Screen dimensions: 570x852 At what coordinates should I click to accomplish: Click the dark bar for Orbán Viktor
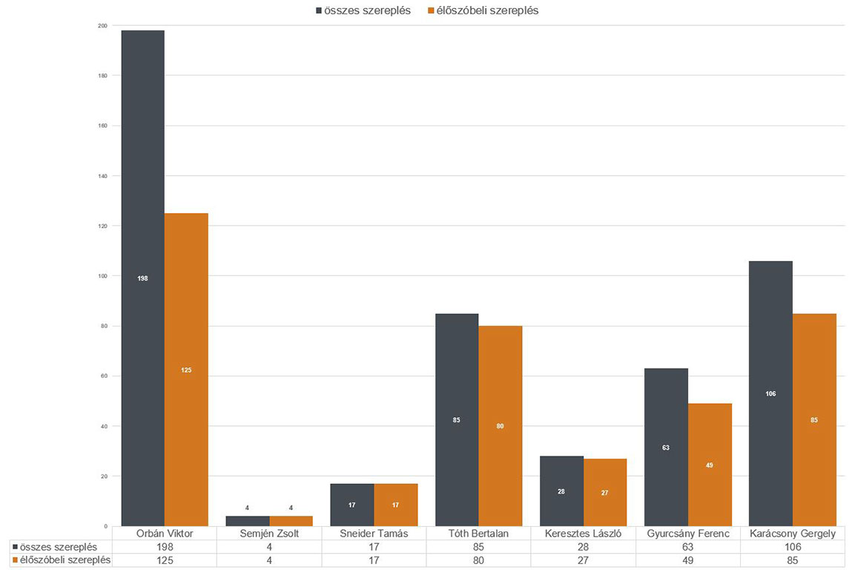click(x=142, y=278)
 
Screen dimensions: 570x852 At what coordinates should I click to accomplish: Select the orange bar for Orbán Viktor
click(x=186, y=370)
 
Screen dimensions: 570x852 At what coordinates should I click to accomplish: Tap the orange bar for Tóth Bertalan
click(x=500, y=426)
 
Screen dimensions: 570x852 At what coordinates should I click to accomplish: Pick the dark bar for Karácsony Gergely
click(x=770, y=393)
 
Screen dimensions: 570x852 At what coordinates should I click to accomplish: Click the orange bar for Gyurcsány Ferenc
click(x=710, y=465)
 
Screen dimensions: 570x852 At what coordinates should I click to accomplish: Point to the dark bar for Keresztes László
click(x=561, y=491)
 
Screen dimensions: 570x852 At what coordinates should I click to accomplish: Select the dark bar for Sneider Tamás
click(x=352, y=505)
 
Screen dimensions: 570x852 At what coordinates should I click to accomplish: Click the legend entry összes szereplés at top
click(x=363, y=10)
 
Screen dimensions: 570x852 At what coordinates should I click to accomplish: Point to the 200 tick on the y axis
click(x=102, y=26)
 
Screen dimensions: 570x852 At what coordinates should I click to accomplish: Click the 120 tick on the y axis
click(x=102, y=226)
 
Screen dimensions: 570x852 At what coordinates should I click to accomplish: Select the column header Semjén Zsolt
click(x=268, y=534)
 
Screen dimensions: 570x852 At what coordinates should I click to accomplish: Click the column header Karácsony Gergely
click(x=792, y=534)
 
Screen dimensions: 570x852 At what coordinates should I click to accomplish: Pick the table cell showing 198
click(x=164, y=547)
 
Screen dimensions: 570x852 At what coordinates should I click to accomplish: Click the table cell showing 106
click(x=792, y=547)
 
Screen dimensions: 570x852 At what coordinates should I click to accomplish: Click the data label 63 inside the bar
click(x=666, y=448)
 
